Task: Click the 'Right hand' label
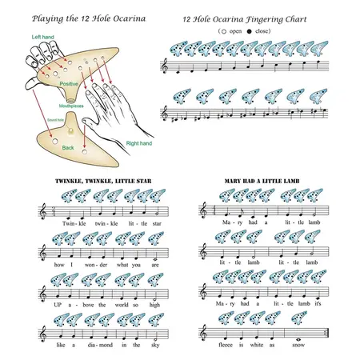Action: (x=137, y=143)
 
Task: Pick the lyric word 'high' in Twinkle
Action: (x=155, y=305)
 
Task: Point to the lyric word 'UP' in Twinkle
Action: (x=50, y=305)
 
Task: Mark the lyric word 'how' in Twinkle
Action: (x=50, y=265)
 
